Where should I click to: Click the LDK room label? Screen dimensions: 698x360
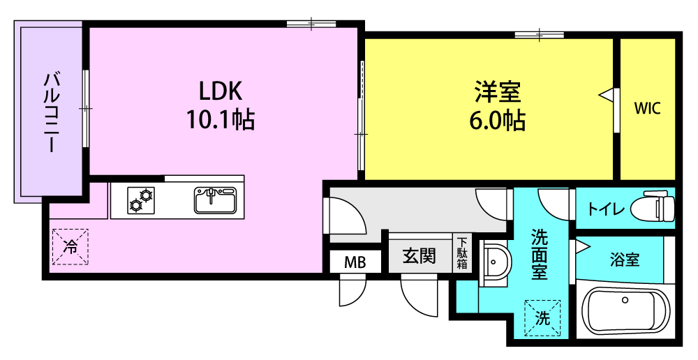(x=220, y=91)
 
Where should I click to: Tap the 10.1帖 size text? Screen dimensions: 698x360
(x=220, y=119)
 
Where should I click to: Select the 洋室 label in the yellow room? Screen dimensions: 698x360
(x=497, y=91)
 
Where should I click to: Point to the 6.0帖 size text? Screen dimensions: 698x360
(x=497, y=120)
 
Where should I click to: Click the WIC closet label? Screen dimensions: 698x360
(x=647, y=108)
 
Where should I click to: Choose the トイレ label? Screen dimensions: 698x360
(x=606, y=209)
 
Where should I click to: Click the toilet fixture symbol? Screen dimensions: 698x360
(x=659, y=207)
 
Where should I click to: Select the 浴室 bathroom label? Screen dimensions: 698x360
(x=625, y=260)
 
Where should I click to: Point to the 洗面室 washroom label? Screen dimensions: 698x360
(x=539, y=254)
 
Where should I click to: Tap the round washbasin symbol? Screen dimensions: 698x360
(x=494, y=262)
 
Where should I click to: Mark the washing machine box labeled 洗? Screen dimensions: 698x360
(x=542, y=317)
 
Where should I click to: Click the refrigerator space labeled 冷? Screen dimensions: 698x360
(x=70, y=246)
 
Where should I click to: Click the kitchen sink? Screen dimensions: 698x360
(x=215, y=200)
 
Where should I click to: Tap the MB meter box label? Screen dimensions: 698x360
(x=355, y=262)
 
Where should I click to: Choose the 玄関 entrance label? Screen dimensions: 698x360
(x=419, y=256)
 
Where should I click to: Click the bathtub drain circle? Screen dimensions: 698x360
(x=625, y=300)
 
